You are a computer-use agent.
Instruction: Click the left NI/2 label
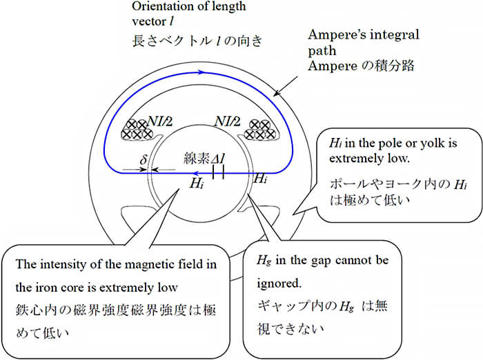click(x=160, y=121)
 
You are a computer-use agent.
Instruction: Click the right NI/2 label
click(x=227, y=121)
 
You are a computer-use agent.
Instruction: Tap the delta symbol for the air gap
click(x=144, y=159)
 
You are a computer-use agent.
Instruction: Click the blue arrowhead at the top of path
click(x=201, y=72)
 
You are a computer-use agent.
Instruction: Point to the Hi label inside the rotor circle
click(x=197, y=183)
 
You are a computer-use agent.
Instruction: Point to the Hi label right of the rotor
click(x=261, y=179)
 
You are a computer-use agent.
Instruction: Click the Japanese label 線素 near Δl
click(x=197, y=159)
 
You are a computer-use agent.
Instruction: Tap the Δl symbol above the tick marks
click(x=218, y=159)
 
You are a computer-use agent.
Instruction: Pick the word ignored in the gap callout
click(x=279, y=283)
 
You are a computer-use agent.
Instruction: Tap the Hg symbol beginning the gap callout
click(x=264, y=261)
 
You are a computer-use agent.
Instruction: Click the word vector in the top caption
click(x=150, y=21)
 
